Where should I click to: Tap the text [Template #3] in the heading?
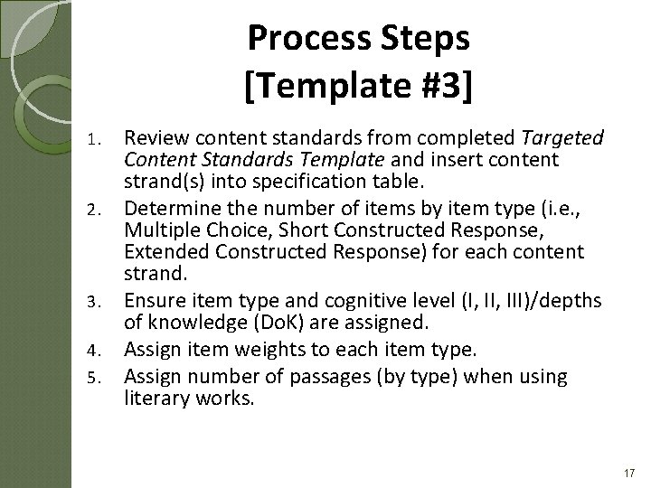358,87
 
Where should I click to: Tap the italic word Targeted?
563,138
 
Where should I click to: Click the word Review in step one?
154,138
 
